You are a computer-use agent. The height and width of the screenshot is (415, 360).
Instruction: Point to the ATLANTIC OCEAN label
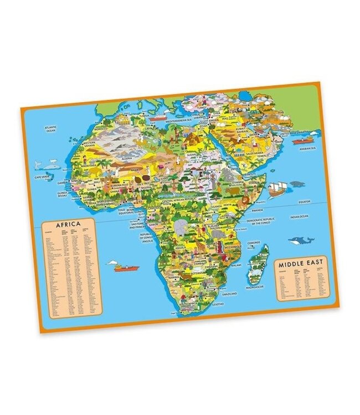point(50,129)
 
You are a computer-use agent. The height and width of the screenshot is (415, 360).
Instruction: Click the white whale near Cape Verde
point(38,164)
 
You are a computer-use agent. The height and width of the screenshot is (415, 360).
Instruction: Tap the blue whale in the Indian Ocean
point(299,240)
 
